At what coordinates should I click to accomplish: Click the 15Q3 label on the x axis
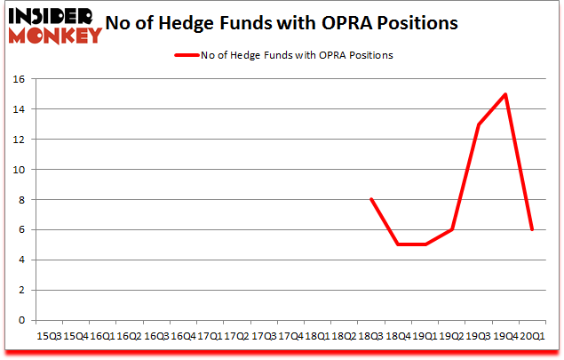click(x=50, y=337)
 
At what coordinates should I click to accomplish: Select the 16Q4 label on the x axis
click(x=183, y=337)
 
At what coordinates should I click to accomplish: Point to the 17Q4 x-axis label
click(x=290, y=337)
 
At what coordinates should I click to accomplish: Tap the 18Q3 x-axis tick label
click(x=371, y=337)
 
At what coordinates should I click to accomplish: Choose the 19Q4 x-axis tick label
click(x=505, y=337)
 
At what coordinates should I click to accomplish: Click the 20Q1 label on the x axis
click(x=532, y=337)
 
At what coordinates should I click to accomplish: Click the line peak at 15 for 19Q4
click(x=505, y=94)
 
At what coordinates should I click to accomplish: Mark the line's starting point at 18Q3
click(x=371, y=199)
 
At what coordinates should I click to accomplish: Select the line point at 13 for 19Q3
click(x=479, y=124)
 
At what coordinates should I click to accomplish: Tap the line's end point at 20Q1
click(x=532, y=229)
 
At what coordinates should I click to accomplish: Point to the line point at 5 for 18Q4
click(x=398, y=244)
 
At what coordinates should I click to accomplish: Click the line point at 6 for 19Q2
click(x=452, y=229)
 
